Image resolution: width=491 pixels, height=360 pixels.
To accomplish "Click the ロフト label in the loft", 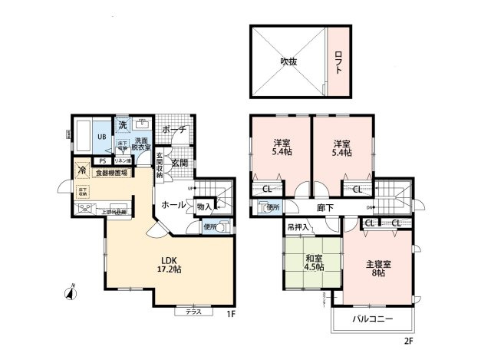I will click(x=338, y=61).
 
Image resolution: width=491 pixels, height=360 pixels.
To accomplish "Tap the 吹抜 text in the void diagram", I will click(x=288, y=61).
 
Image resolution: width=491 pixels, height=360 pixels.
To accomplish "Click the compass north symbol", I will click(x=68, y=291).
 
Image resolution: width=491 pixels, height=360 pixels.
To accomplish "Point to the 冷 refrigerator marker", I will click(x=81, y=171).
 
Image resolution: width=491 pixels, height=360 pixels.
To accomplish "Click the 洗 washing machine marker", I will click(x=122, y=124).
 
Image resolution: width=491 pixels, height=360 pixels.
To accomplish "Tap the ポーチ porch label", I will click(x=173, y=130).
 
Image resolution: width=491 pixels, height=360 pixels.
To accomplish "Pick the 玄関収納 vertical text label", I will click(x=159, y=165).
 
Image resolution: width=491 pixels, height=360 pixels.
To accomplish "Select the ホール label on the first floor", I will click(x=173, y=205).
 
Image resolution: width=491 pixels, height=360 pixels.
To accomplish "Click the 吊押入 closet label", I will click(x=298, y=227).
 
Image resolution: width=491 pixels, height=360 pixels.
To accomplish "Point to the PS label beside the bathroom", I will click(x=102, y=161).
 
